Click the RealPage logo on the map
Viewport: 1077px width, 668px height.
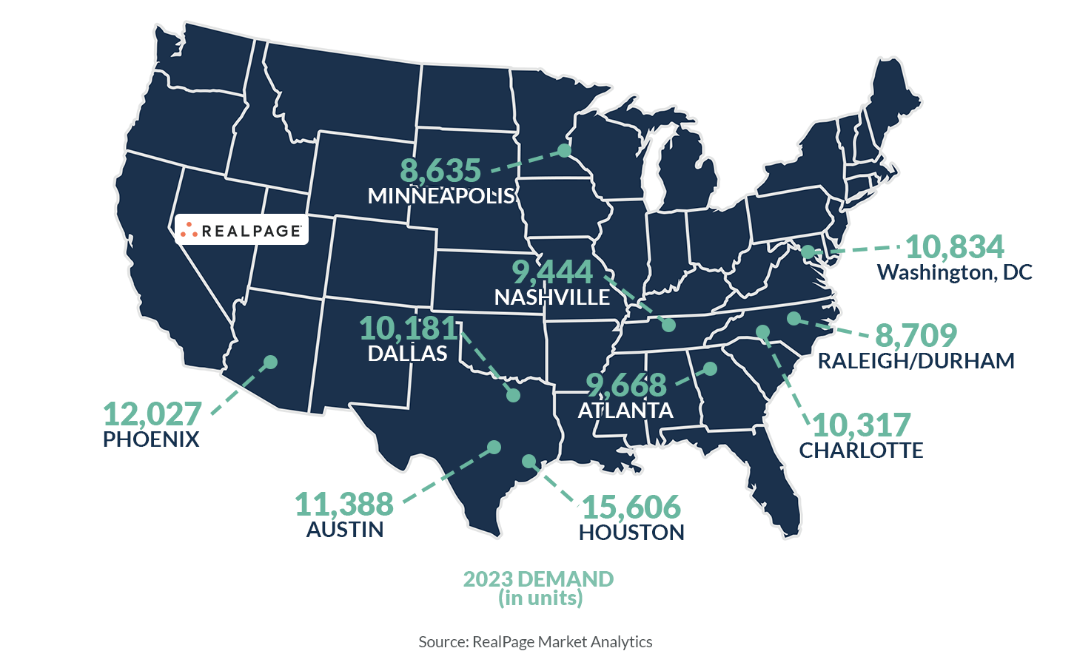click(241, 230)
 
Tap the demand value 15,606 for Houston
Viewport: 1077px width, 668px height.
click(631, 507)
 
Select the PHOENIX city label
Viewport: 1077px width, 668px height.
click(151, 439)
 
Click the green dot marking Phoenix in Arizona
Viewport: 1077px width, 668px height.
click(271, 362)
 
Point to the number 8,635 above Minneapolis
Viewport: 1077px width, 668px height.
click(440, 171)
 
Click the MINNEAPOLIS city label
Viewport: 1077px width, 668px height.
click(441, 196)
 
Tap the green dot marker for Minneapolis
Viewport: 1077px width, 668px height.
click(564, 150)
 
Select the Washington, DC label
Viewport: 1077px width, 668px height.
click(954, 272)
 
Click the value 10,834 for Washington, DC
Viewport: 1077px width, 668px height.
click(954, 247)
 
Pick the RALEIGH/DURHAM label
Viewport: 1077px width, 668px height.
click(916, 361)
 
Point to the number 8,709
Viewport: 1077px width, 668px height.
click(916, 336)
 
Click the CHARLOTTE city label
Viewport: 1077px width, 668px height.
click(861, 451)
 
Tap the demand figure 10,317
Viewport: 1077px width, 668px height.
click(861, 425)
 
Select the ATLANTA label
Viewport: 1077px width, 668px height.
click(625, 411)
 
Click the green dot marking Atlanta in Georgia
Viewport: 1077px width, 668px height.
click(710, 368)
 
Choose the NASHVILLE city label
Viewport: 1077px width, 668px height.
click(552, 297)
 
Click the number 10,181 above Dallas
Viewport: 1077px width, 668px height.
click(409, 328)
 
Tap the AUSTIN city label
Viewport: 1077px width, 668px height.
click(345, 530)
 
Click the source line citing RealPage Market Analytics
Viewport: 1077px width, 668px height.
click(535, 642)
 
